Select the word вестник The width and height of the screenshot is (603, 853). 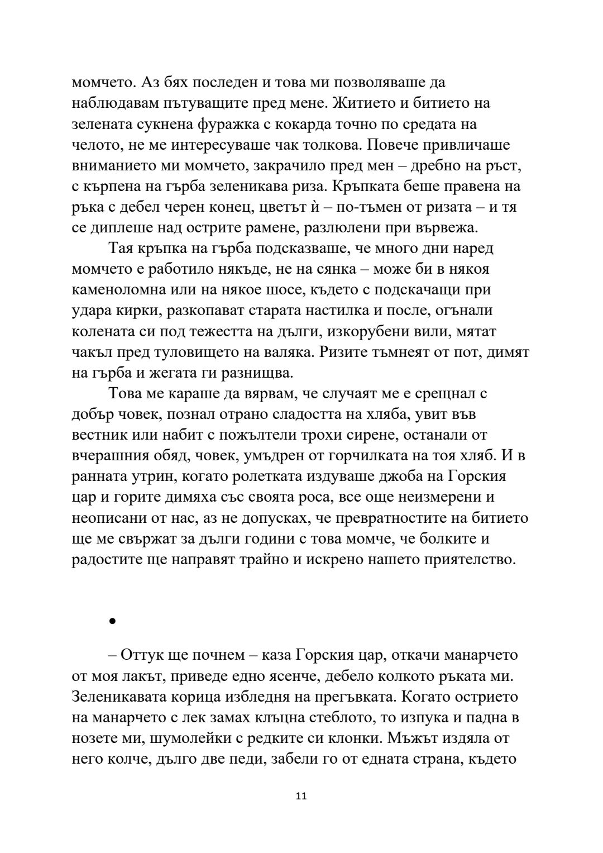(99, 435)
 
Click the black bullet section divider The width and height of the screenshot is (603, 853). (112, 621)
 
